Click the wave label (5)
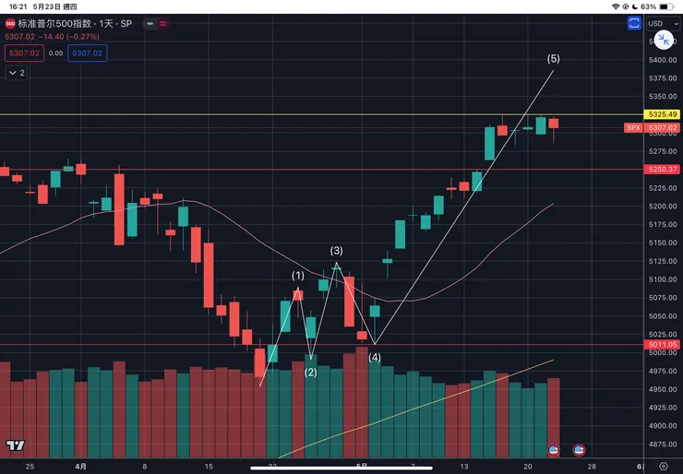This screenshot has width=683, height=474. [x=553, y=59]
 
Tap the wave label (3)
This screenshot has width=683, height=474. [x=337, y=251]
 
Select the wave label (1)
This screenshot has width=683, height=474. [x=297, y=276]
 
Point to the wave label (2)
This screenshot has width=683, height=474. [x=310, y=373]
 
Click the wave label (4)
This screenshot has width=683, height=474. [x=375, y=358]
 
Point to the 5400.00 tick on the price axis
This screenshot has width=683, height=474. [x=662, y=60]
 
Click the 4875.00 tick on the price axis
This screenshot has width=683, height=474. [x=662, y=444]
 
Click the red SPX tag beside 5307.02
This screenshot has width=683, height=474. [x=633, y=128]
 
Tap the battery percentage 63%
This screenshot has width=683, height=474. [x=648, y=6]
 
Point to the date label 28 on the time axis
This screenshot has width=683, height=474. [x=591, y=467]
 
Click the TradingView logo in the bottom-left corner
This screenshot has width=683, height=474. [x=14, y=445]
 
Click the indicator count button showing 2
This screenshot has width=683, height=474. [x=17, y=72]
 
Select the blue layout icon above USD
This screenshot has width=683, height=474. [x=633, y=24]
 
